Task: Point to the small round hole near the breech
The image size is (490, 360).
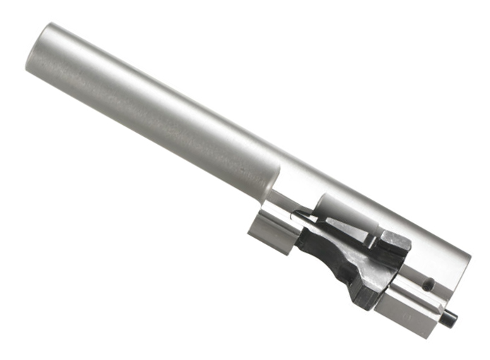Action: [x=429, y=284]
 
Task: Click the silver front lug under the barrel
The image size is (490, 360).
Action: [x=269, y=234]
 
